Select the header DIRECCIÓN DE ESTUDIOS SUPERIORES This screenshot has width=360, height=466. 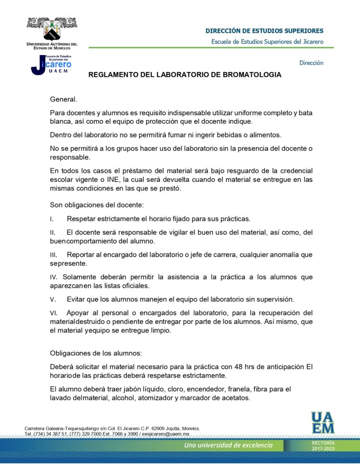point(264,31)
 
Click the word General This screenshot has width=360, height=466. point(63,99)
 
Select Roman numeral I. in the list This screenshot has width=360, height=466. point(51,219)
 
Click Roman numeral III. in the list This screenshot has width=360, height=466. point(54,255)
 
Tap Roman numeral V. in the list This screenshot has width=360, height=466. point(53,299)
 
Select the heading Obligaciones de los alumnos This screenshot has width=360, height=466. point(96,354)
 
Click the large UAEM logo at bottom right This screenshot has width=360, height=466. point(323,422)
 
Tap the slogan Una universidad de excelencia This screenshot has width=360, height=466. point(228,445)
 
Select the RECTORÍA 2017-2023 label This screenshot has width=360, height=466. point(323,446)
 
